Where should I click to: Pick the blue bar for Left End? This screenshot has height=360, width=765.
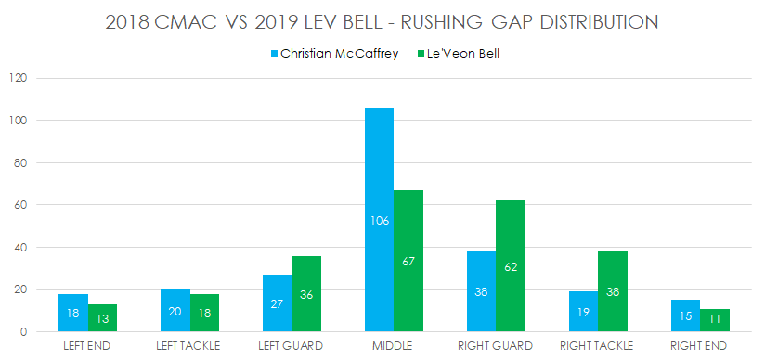pos(73,314)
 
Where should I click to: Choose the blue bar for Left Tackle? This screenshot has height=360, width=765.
pos(175,312)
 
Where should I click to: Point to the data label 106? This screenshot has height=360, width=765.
pos(379,221)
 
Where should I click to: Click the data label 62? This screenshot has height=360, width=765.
pos(510,267)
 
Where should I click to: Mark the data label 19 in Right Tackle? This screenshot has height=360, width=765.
pos(583,314)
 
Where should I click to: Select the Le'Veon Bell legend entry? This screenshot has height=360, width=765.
pos(459,54)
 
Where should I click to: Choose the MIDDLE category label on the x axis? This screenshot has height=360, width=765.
pos(394,346)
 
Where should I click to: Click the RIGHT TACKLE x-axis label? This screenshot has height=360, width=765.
pos(597,346)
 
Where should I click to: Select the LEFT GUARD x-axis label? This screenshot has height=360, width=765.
pos(292,346)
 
